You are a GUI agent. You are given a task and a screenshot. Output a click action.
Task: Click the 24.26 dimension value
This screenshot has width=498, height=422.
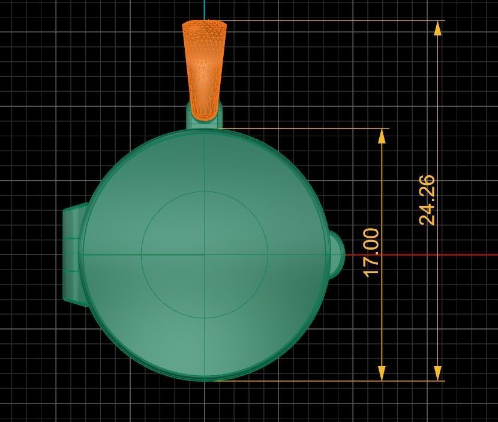(x=427, y=200)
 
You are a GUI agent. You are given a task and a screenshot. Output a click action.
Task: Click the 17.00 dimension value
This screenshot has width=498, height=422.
(x=372, y=252)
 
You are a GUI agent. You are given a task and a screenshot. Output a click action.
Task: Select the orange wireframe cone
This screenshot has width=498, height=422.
(x=205, y=66)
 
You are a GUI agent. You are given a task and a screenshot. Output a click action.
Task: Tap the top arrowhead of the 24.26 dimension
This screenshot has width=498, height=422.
(x=438, y=28)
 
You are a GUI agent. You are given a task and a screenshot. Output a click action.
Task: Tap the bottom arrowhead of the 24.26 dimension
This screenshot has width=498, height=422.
(x=438, y=373)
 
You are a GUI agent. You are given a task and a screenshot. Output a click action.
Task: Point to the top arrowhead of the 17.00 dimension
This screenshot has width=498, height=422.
(x=382, y=135)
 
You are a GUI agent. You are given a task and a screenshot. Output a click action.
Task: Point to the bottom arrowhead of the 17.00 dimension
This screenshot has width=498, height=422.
(x=382, y=373)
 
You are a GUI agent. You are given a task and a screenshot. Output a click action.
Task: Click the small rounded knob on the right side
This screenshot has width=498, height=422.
(x=337, y=255)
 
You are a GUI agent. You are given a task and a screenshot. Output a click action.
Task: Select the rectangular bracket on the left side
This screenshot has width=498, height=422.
(x=72, y=255)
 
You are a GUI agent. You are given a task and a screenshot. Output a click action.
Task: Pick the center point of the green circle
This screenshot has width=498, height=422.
(x=205, y=255)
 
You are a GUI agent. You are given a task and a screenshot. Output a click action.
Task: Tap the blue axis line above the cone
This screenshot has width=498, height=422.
(x=205, y=9)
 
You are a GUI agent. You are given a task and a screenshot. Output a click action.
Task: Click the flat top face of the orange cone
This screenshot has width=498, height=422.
(x=205, y=25)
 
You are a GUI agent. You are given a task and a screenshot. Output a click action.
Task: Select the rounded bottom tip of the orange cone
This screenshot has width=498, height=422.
(x=205, y=116)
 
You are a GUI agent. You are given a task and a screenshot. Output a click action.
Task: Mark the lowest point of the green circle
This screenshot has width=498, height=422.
(x=205, y=379)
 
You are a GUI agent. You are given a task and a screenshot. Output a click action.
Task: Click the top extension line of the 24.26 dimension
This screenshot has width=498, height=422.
(x=330, y=21)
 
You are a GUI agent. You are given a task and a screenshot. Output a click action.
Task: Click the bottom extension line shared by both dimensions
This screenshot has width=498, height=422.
(x=330, y=380)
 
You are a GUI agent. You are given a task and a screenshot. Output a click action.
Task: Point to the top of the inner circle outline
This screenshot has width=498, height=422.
(x=205, y=191)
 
